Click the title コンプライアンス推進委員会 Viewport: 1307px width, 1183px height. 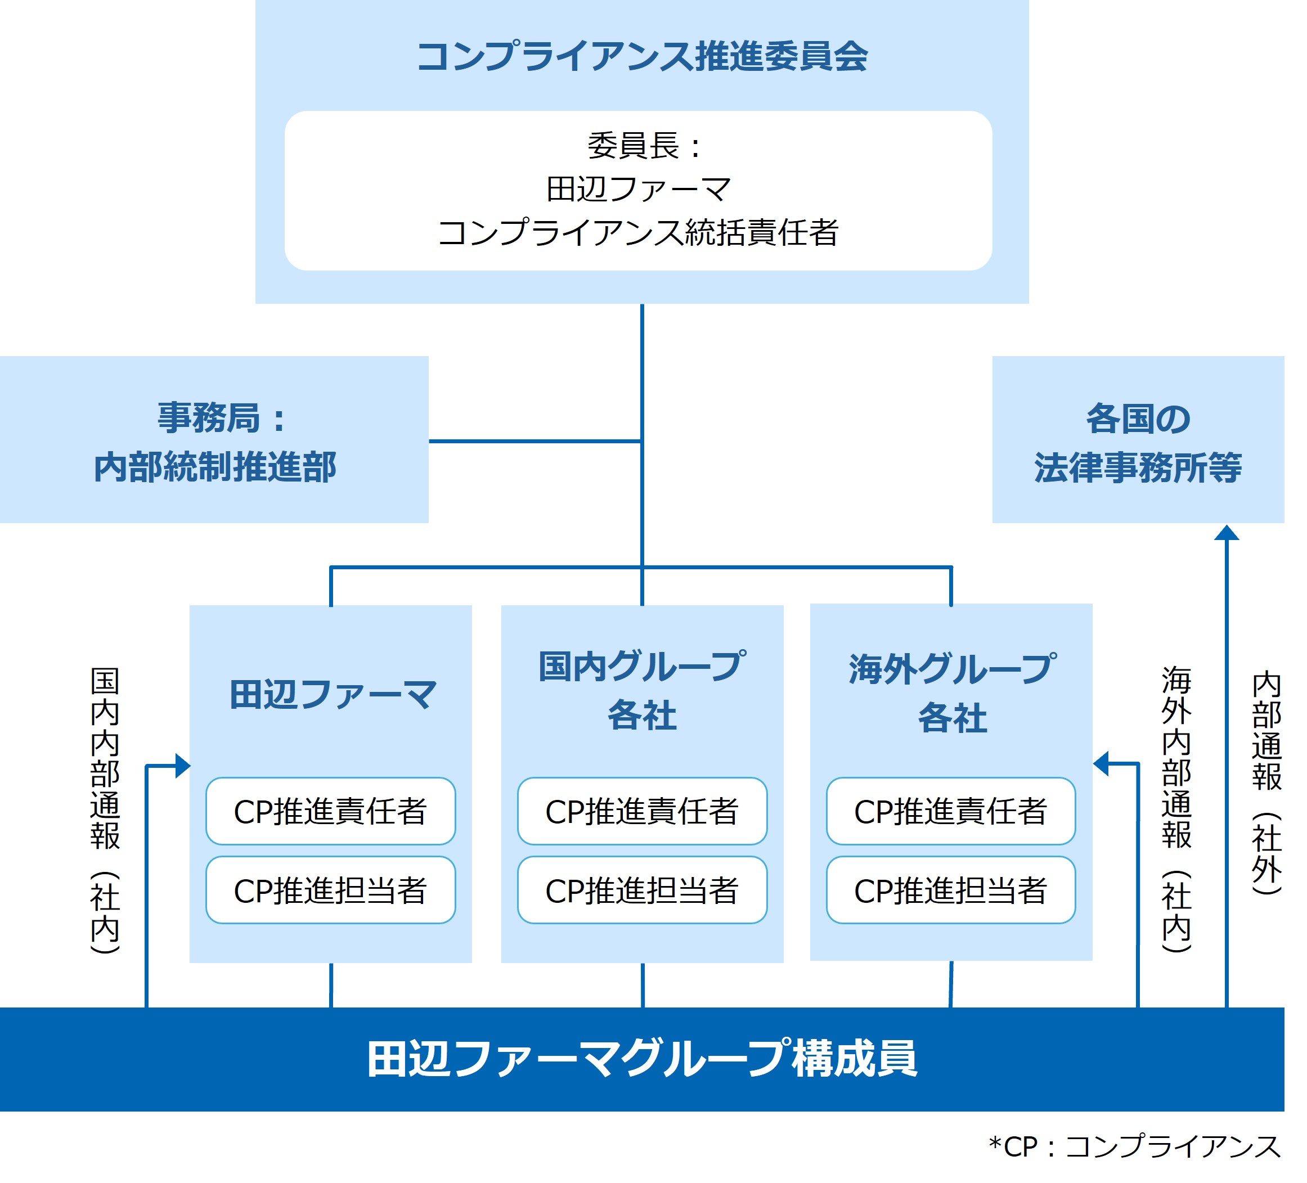coord(642,56)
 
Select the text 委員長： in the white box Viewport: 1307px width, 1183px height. coord(642,146)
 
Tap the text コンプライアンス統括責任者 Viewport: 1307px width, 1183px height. coord(638,233)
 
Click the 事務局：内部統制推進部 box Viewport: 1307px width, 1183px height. coord(214,442)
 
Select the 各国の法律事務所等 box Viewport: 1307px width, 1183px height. coord(1138,442)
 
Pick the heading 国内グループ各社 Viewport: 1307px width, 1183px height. coord(642,691)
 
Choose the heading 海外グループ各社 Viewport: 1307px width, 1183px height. coord(952,693)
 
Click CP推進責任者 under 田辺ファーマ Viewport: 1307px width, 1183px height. coord(331,812)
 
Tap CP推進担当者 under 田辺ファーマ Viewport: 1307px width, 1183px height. coord(331,890)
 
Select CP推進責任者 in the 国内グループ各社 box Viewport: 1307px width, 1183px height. coord(642,812)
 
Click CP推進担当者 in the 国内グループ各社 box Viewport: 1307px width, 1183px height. coord(642,890)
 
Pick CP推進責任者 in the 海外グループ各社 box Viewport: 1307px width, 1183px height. coord(950,812)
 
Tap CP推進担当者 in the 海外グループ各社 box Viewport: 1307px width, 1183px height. coord(950,890)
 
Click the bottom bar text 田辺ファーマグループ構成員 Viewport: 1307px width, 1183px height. coord(642,1059)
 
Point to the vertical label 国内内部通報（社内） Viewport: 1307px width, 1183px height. coord(105,810)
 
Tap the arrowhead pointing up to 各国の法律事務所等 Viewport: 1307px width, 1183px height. coord(1227,533)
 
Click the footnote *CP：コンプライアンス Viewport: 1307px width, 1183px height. coord(1134,1146)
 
